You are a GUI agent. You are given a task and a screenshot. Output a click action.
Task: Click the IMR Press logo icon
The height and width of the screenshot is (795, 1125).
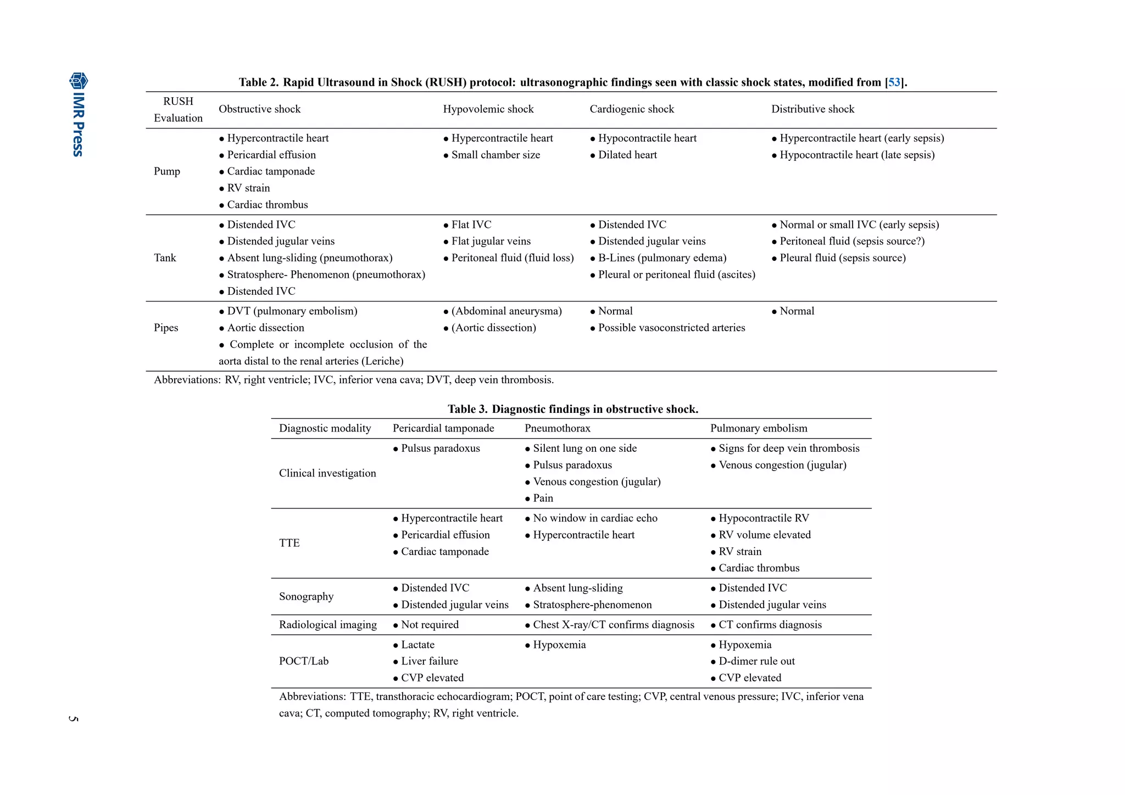click(78, 81)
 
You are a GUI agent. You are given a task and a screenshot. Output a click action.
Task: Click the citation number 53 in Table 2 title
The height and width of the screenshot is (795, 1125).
click(894, 82)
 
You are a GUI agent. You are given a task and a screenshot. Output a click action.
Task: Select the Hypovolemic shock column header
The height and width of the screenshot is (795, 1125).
click(488, 109)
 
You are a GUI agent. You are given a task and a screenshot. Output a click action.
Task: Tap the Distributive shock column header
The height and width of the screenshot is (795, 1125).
click(812, 109)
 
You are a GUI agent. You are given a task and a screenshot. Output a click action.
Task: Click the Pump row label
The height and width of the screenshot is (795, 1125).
click(167, 171)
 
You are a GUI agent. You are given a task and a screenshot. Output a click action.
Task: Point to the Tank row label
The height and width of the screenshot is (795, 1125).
click(165, 258)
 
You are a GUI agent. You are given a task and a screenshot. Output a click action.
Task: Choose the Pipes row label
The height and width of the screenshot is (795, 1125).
click(166, 328)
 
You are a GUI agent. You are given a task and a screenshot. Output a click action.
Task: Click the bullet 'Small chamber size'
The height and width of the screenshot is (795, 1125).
click(495, 155)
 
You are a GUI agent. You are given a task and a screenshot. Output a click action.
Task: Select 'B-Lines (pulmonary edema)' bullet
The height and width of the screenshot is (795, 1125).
click(661, 258)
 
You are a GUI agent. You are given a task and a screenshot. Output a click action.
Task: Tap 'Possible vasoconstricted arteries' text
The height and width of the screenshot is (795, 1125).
click(671, 328)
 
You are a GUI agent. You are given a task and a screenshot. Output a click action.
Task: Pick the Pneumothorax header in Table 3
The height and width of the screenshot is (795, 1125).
click(557, 428)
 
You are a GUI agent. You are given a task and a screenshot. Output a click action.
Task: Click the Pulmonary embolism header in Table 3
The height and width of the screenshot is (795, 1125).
click(758, 428)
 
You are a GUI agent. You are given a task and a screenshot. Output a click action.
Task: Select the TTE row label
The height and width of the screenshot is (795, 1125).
click(289, 543)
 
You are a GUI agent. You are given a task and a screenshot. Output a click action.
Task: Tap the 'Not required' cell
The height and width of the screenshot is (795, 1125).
click(429, 625)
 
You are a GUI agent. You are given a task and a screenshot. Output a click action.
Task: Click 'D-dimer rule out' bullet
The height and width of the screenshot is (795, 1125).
click(756, 662)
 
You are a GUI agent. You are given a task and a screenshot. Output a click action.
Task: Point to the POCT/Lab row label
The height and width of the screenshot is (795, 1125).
click(304, 662)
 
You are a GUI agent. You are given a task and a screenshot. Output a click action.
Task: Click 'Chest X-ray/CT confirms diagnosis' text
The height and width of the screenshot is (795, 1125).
click(613, 625)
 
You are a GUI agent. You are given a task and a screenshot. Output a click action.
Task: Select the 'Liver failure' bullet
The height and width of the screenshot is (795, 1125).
click(429, 662)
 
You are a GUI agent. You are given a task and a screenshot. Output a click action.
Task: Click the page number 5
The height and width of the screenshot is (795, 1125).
click(74, 719)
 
